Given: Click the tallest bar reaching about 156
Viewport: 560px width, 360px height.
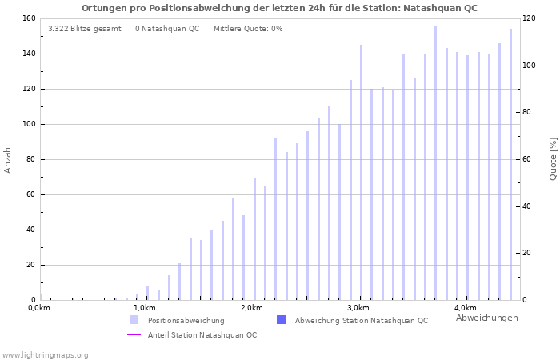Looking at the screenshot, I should tap(436, 160).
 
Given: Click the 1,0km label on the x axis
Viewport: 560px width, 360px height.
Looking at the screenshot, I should tap(144, 308).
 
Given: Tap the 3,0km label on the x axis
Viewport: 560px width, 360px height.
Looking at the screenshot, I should tap(358, 308).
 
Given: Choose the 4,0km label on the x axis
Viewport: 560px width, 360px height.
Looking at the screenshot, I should tap(465, 308).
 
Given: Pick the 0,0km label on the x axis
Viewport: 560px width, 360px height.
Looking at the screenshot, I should tap(39, 308).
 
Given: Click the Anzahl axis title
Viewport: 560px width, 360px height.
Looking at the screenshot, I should tap(8, 158).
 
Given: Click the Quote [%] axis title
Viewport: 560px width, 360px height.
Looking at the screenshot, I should tap(553, 158).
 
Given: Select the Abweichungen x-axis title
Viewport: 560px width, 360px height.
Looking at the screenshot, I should tap(486, 318).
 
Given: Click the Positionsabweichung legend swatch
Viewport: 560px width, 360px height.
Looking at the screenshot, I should tap(134, 320).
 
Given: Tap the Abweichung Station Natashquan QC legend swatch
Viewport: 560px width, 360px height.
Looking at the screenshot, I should tap(281, 320).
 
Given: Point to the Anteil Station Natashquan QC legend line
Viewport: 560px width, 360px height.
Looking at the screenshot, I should tap(134, 334).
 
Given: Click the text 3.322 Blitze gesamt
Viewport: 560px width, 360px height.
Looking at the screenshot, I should tap(84, 29).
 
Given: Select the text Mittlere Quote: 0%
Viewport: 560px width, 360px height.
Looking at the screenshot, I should tap(248, 29).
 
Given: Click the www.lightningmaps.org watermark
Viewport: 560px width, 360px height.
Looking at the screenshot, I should tap(45, 354).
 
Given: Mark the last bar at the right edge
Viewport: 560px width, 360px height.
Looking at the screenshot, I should tap(510, 164).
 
